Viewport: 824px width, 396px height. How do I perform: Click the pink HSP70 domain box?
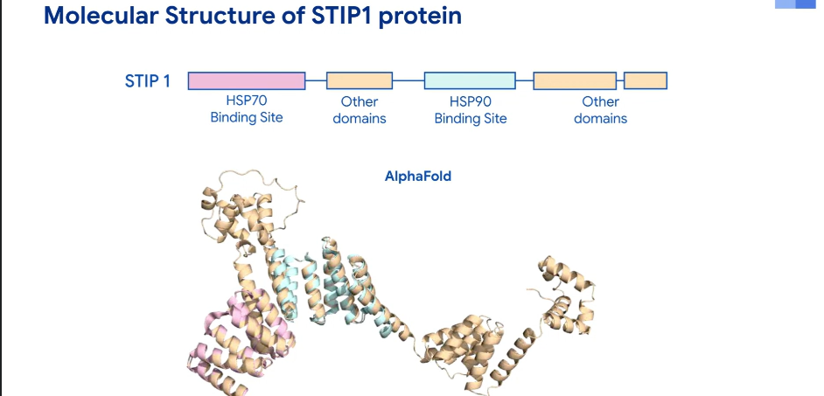click(247, 80)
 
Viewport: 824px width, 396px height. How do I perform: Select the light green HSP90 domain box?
click(470, 80)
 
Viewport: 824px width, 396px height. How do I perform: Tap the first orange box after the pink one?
click(360, 80)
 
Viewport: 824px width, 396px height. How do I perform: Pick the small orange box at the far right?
click(646, 80)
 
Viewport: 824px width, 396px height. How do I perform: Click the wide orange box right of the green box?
click(575, 80)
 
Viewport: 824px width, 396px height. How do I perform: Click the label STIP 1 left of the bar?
click(148, 81)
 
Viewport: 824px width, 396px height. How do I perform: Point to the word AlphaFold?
click(418, 176)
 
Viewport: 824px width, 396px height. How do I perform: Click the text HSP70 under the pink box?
click(247, 101)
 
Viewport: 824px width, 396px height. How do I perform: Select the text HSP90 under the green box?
click(471, 101)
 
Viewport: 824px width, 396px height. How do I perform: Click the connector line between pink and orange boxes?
click(316, 81)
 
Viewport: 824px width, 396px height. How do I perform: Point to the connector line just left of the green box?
click(409, 81)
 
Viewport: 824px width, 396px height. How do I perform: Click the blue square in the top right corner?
click(805, 4)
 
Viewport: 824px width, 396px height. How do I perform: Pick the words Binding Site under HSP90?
click(471, 119)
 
